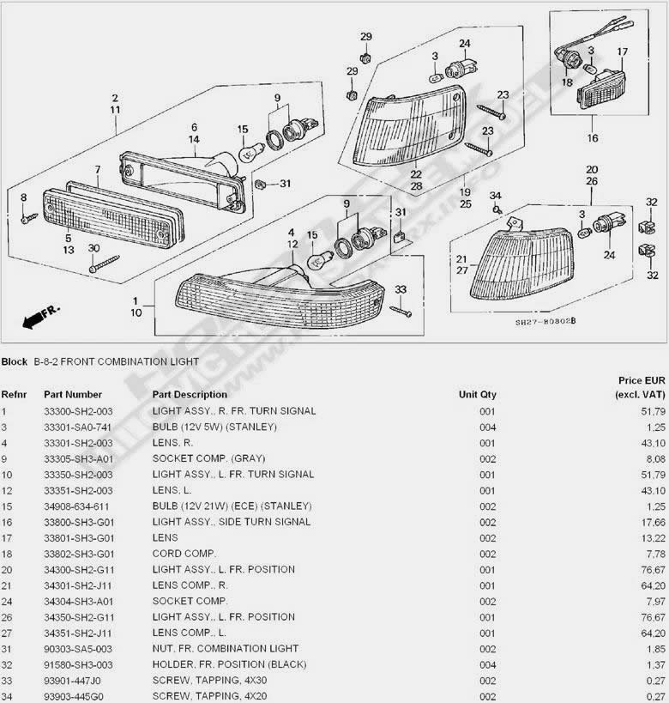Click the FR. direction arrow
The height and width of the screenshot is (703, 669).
coord(40,317)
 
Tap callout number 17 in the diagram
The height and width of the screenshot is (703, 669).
coord(622,52)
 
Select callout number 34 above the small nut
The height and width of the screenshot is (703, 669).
coord(495,196)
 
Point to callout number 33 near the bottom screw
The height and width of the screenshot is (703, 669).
coord(401,289)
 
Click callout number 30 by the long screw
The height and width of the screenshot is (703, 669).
coord(93,248)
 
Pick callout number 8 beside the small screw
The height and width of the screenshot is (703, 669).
coord(24,197)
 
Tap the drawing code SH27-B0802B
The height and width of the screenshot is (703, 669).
coord(545,322)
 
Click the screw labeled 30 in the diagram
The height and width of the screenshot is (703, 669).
coord(104,264)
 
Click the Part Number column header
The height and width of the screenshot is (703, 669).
coord(73,395)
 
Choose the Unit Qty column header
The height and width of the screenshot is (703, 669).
coord(477,395)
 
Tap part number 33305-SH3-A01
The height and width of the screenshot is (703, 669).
coord(79,459)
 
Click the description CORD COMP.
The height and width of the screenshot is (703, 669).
coord(184,554)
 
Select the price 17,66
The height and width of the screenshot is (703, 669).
coord(654,523)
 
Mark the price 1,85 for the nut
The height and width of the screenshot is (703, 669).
coord(656,649)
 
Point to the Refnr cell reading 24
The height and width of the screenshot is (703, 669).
coord(7,602)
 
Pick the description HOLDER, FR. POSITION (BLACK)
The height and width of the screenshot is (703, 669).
coord(229,664)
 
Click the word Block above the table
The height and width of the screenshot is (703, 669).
coord(15,362)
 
